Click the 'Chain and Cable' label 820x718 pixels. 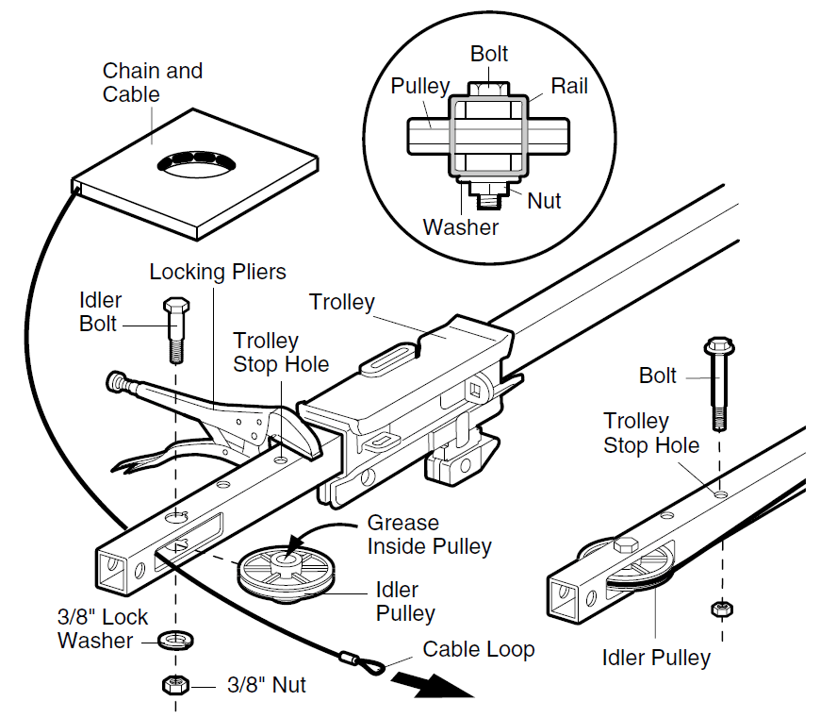coord(153,83)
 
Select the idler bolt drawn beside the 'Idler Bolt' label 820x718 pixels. coord(175,329)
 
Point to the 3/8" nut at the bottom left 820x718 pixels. coord(174,684)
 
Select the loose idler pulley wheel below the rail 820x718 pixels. coord(286,570)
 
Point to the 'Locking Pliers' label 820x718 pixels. coord(218,273)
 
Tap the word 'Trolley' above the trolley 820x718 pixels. coord(342,303)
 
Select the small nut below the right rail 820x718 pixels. coord(719,609)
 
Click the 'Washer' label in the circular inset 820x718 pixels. coord(460,227)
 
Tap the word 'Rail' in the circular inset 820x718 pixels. coord(569,86)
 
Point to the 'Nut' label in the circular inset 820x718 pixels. coord(544,200)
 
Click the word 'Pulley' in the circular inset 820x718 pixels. coord(420,86)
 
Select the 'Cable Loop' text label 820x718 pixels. coord(478,649)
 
